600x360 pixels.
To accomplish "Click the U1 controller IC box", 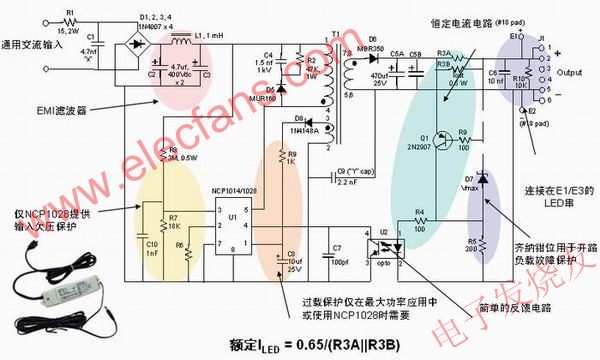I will click(232, 228).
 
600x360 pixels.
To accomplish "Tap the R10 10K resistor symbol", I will click(519, 79).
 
